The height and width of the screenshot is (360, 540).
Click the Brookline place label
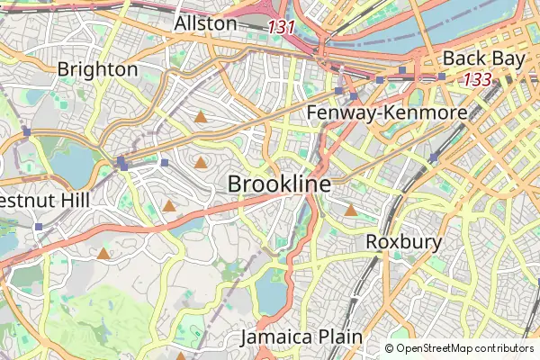[279, 184]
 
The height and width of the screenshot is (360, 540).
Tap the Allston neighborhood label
[206, 23]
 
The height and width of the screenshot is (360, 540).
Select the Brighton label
[97, 69]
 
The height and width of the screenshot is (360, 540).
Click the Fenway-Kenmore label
[387, 113]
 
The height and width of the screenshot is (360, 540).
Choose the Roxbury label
[403, 242]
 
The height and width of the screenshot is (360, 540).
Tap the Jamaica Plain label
[301, 337]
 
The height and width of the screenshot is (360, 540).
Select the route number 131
[282, 27]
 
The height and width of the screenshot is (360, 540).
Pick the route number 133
[478, 80]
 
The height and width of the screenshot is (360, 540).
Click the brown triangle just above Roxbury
[351, 211]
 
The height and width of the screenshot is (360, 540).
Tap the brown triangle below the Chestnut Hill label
[103, 254]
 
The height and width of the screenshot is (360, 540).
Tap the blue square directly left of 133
[442, 77]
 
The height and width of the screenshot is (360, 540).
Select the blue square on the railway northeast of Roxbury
[434, 157]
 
